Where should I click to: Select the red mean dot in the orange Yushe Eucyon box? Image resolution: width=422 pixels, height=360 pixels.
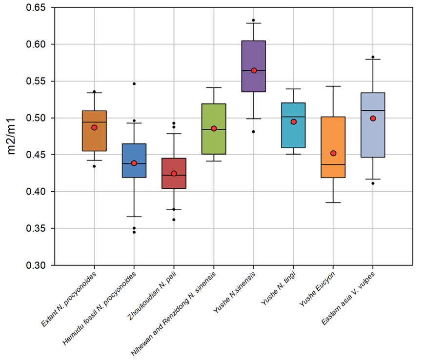(x=333, y=153)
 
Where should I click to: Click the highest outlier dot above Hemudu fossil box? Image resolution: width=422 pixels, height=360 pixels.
(x=134, y=83)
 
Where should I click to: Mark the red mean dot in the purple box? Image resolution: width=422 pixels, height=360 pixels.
(x=254, y=70)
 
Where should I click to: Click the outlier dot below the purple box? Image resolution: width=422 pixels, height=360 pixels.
(x=254, y=132)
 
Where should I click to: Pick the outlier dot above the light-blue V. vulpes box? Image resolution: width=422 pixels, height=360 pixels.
(x=373, y=57)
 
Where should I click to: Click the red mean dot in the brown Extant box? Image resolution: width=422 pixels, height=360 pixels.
(x=94, y=127)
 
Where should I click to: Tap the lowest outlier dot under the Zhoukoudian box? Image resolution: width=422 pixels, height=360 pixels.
(x=174, y=220)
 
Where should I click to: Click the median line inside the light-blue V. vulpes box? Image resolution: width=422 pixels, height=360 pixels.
(x=373, y=111)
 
